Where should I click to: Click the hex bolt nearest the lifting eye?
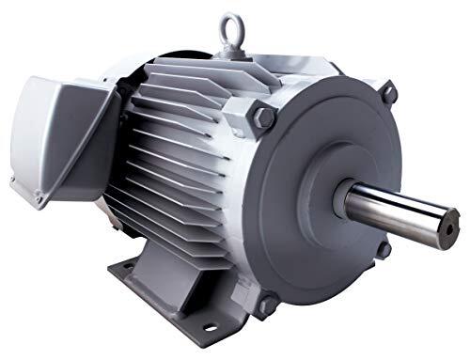pyautogui.click(x=264, y=117)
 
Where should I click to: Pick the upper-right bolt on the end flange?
pyautogui.click(x=387, y=92)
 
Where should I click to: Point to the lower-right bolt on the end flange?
pyautogui.click(x=384, y=249)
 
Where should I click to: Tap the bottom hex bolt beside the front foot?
pyautogui.click(x=266, y=305)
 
